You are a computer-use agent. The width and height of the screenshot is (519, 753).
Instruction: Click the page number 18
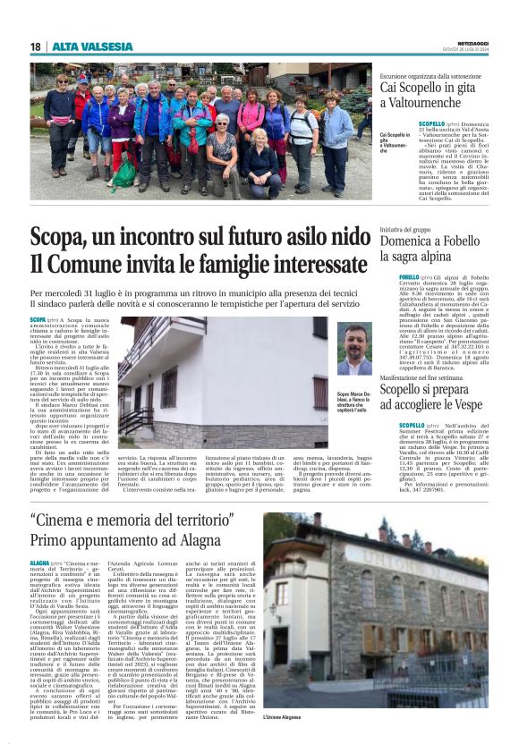pyautogui.click(x=35, y=47)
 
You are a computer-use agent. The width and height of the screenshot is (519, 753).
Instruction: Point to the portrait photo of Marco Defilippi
pyautogui.click(x=354, y=349)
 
